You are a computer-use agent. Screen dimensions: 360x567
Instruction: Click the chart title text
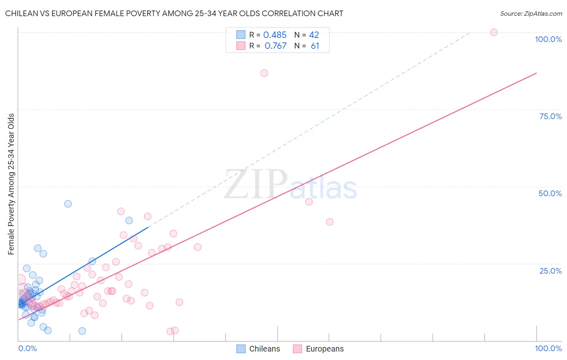point(174,13)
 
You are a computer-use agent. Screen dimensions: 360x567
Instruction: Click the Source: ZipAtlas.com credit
point(531,13)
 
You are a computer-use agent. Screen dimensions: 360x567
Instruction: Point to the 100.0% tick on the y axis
point(548,39)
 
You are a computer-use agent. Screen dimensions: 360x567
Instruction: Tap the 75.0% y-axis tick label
point(550,116)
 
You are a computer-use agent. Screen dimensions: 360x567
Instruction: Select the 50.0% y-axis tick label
point(550,193)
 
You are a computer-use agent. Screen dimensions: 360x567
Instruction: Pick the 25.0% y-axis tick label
point(550,270)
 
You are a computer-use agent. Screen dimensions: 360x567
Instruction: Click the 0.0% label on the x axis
point(27,348)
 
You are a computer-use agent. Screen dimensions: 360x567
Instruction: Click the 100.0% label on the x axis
point(548,348)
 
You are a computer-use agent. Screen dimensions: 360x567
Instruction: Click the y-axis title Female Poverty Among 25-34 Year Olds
point(11,184)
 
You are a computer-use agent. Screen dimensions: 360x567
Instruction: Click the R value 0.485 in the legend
point(275,35)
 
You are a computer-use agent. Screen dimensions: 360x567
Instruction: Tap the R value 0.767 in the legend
point(275,46)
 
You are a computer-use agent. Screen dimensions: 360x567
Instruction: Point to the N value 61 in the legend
point(315,46)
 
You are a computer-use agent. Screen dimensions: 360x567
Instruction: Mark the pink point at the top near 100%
point(494,32)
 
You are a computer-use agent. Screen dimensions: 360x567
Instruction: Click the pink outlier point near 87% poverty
point(264,73)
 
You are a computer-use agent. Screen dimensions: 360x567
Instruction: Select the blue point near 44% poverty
point(68,204)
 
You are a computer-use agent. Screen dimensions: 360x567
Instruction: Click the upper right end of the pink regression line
point(536,73)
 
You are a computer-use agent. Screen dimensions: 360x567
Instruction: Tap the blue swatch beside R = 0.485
point(241,35)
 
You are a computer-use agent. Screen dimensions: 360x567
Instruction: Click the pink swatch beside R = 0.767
point(241,46)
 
